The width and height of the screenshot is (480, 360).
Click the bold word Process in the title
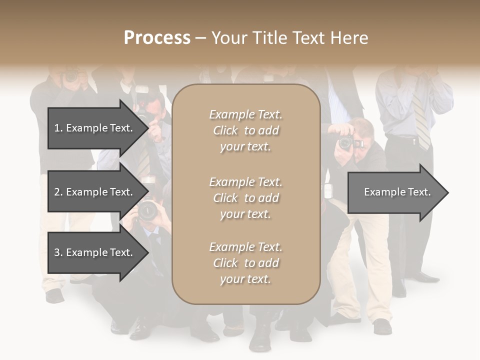tap(157, 38)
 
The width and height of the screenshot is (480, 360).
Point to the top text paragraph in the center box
tap(245, 130)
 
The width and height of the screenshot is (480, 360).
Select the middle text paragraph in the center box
tap(245, 198)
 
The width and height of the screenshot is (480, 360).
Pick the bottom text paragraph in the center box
tap(245, 263)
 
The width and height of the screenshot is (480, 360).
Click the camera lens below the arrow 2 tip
tap(147, 210)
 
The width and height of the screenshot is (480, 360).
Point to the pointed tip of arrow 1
tap(148, 128)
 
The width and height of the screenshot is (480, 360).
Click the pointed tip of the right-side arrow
tap(447, 192)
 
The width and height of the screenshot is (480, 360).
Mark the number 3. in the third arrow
tap(58, 252)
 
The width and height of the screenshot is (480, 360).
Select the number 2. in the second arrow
tap(58, 192)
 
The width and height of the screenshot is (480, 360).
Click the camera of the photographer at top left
tap(71, 76)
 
